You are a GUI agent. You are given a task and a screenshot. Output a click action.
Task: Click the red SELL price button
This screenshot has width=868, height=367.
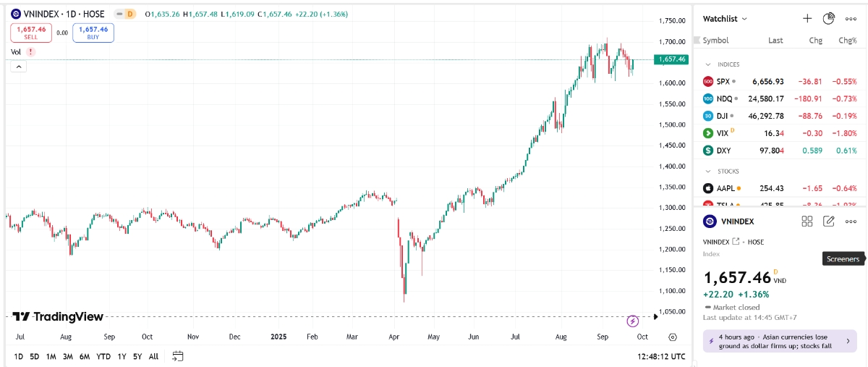click(30, 33)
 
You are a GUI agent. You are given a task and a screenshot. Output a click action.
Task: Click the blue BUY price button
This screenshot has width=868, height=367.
click(93, 33)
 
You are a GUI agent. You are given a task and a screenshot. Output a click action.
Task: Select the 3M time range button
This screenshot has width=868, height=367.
click(67, 356)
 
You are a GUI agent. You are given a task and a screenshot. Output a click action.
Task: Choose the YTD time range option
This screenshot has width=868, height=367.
click(103, 356)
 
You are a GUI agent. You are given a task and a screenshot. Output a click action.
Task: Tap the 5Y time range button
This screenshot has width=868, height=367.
click(137, 356)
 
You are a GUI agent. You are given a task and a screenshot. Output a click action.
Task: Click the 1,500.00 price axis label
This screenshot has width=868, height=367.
click(672, 125)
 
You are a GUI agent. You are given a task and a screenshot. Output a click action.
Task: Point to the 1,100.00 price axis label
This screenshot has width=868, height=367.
click(672, 290)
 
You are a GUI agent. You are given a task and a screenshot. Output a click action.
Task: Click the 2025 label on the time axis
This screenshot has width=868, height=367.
click(279, 337)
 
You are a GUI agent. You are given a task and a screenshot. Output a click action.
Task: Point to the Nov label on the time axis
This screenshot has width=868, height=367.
click(192, 337)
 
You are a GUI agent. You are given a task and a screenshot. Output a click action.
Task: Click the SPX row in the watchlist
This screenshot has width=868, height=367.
click(778, 81)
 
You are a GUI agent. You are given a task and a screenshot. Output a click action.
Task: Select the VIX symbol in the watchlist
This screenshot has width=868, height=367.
click(722, 133)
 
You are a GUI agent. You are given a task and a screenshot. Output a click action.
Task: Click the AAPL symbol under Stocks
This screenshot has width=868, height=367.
click(725, 188)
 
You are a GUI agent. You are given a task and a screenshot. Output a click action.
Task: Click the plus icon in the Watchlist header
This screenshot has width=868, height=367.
click(807, 18)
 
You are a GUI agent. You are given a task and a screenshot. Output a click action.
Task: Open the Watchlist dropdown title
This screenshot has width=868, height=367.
click(725, 19)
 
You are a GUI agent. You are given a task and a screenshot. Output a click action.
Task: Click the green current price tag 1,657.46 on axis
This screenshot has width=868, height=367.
click(672, 59)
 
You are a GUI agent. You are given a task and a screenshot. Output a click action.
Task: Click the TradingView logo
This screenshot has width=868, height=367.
click(58, 316)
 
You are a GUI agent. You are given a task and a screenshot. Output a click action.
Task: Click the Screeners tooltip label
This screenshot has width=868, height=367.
click(843, 259)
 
